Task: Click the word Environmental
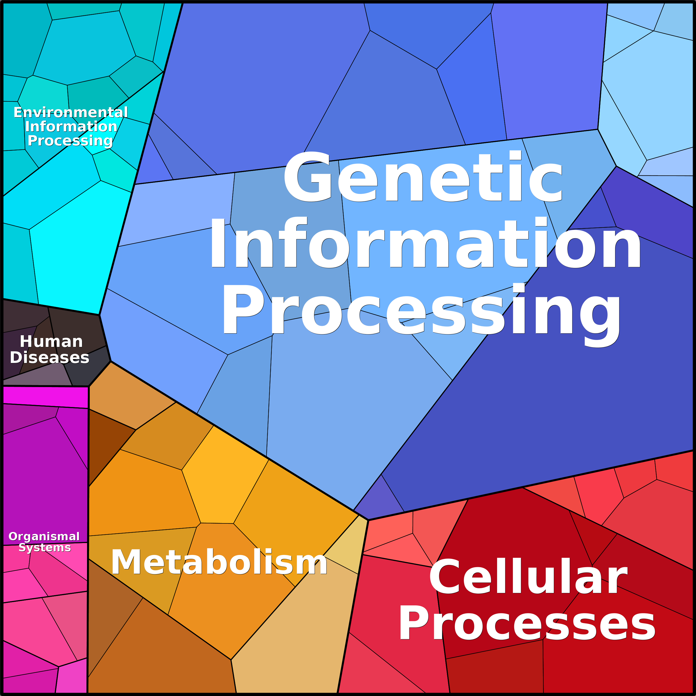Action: click(x=71, y=112)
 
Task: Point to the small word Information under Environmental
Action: click(x=71, y=126)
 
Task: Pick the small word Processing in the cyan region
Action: click(x=70, y=141)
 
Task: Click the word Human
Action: click(x=51, y=342)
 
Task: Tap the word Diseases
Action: click(x=49, y=357)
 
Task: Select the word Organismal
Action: click(x=44, y=537)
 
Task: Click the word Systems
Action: click(x=45, y=547)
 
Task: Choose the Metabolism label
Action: click(x=219, y=562)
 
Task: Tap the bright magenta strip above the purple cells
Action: click(x=45, y=397)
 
